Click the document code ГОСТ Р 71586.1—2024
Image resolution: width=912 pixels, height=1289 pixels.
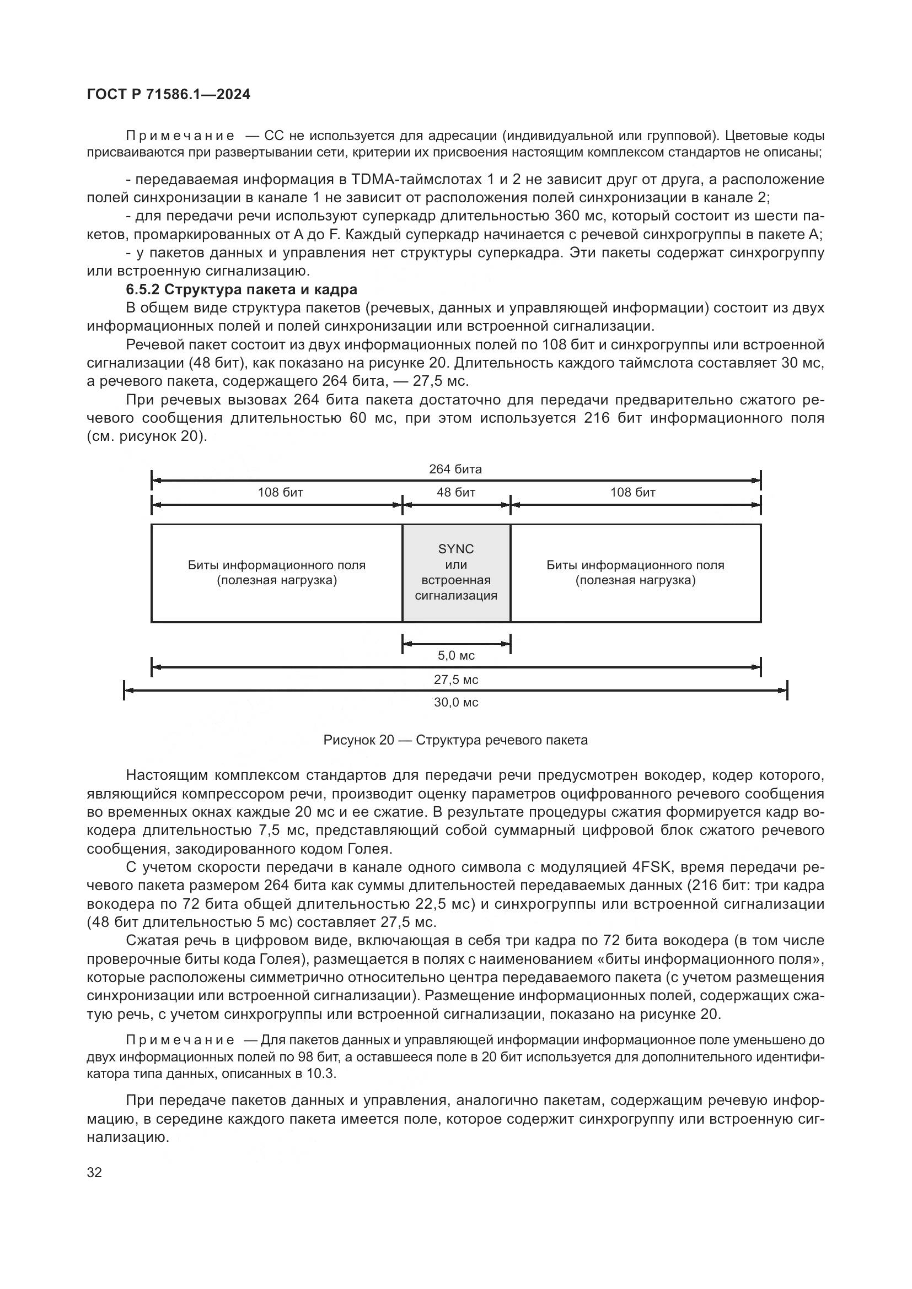coord(169,94)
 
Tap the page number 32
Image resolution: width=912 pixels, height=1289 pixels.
coord(94,1172)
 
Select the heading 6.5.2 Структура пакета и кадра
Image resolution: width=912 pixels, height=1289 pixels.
coord(242,290)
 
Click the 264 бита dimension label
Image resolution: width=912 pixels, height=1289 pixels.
coord(455,470)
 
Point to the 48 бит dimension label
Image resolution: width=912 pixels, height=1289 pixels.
coord(456,493)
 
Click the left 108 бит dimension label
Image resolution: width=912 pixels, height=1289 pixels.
coord(280,493)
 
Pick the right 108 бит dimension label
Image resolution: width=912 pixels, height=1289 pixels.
coord(633,493)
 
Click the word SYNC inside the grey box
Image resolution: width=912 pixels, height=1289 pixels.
coord(456,549)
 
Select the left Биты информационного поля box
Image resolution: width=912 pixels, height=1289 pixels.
coord(276,573)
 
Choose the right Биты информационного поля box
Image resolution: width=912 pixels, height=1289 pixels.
coord(635,573)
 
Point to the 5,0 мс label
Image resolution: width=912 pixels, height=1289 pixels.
coord(456,656)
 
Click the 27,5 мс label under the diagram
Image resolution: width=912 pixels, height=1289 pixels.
coord(456,680)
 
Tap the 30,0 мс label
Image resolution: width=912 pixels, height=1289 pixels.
coord(456,703)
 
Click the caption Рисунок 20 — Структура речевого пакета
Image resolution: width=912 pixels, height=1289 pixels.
coord(455,741)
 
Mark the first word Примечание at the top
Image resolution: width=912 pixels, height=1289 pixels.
coord(180,136)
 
